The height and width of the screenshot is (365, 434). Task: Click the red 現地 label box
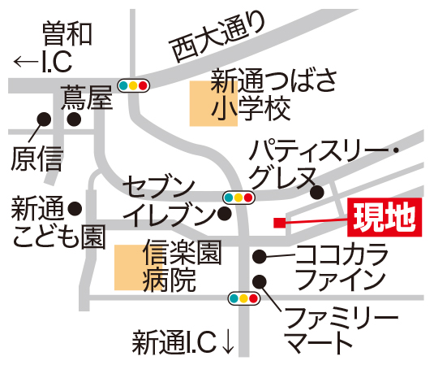[x=385, y=217]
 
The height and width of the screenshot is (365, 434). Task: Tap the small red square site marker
[x=280, y=223]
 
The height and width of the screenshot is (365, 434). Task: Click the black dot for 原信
[x=44, y=119]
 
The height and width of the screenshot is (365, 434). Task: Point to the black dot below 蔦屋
[x=74, y=119]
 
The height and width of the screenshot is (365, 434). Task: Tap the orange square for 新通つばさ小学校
[x=213, y=103]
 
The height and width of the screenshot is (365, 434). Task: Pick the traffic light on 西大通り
[x=133, y=85]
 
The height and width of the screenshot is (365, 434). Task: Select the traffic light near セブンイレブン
[x=238, y=198]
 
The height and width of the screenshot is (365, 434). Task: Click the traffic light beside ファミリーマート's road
[x=244, y=298]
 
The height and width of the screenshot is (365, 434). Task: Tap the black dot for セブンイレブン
[x=225, y=213]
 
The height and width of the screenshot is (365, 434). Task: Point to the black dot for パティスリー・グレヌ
[x=317, y=192]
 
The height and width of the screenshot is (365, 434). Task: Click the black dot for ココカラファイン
[x=260, y=256]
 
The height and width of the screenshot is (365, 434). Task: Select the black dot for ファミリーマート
[x=260, y=281]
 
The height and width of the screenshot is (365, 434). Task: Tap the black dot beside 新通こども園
[x=75, y=208]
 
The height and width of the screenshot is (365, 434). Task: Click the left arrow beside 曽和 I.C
[x=26, y=62]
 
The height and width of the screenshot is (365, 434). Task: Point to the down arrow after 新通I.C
[x=228, y=342]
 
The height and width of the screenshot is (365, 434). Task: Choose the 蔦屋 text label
[x=87, y=97]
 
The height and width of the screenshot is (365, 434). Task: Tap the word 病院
[x=169, y=280]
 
